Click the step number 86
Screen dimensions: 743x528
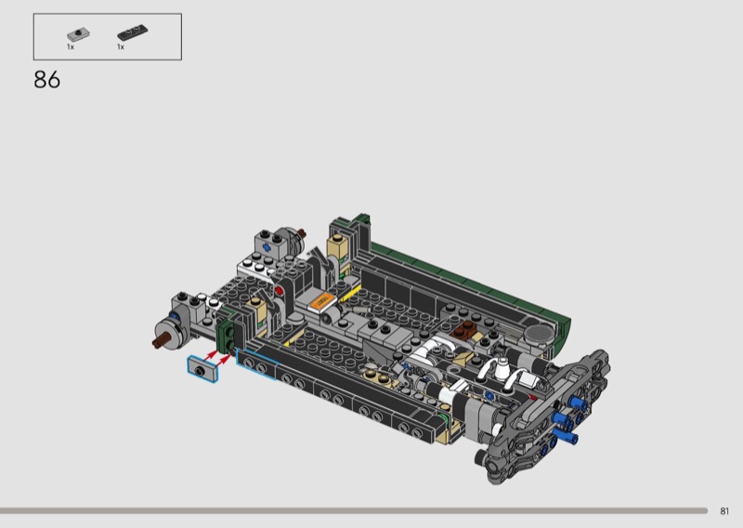[x=47, y=80]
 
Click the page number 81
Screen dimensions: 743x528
[x=724, y=511]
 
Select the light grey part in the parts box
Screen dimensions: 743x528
[x=78, y=34]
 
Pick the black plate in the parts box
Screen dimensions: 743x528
[x=132, y=33]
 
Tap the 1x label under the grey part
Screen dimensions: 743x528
[x=71, y=47]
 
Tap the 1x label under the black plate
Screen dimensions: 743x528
[x=121, y=47]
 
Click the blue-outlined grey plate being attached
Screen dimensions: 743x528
[x=202, y=369]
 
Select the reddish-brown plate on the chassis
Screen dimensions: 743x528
[x=464, y=330]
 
